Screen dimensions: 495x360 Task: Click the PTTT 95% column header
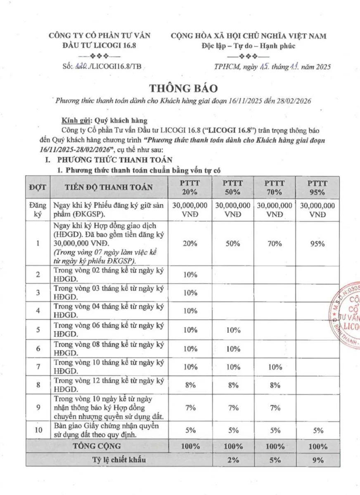pos(317,187)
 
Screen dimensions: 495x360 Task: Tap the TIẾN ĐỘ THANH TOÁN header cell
pos(109,187)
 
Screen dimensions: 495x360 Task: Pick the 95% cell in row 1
pos(317,243)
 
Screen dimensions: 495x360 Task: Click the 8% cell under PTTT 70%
pos(275,385)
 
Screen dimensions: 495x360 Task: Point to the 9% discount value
pos(317,461)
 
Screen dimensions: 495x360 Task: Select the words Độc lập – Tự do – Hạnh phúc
pos(248,45)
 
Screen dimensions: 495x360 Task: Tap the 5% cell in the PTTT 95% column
pos(317,431)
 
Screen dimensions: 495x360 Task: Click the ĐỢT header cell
pos(38,187)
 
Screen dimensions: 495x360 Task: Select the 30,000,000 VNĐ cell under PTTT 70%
pos(275,210)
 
